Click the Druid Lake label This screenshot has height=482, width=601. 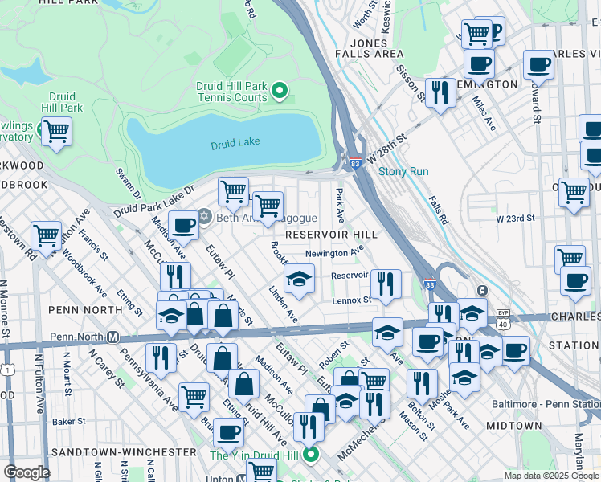click(x=235, y=145)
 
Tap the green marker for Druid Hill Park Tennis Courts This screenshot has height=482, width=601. click(x=280, y=91)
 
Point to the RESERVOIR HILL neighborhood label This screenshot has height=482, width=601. click(x=331, y=234)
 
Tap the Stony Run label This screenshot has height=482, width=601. click(x=403, y=171)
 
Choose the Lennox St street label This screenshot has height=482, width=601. click(x=352, y=300)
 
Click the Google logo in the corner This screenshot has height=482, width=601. click(x=27, y=472)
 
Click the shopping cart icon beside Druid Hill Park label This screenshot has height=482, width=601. click(x=56, y=130)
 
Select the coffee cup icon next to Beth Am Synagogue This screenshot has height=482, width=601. click(x=184, y=226)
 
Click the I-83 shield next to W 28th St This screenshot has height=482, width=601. click(x=354, y=163)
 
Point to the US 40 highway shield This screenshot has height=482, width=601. click(x=502, y=323)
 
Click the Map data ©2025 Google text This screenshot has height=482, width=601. click(x=550, y=476)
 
